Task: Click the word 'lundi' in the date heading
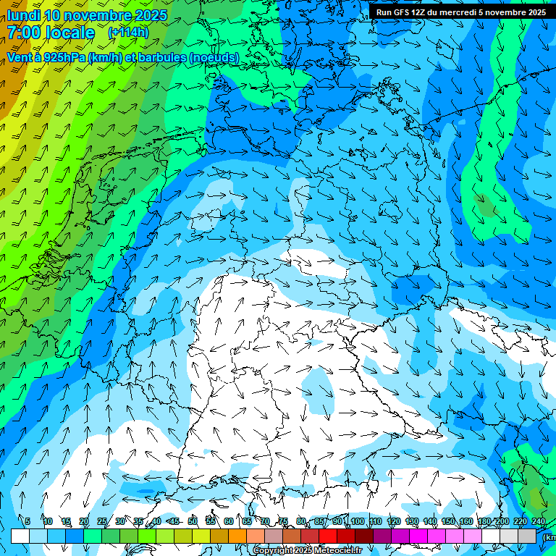click(x=23, y=15)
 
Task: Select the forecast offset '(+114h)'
click(x=128, y=33)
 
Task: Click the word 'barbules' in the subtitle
click(x=157, y=57)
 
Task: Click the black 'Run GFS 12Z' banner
click(x=461, y=12)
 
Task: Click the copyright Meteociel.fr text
click(x=308, y=551)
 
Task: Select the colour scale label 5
click(x=28, y=521)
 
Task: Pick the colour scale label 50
click(x=193, y=521)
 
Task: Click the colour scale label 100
click(x=357, y=521)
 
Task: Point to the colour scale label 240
click(x=538, y=521)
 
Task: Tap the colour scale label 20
click(x=84, y=521)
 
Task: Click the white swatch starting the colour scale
click(x=20, y=536)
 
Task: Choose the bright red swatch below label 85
click(x=328, y=536)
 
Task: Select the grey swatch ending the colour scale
click(x=527, y=536)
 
